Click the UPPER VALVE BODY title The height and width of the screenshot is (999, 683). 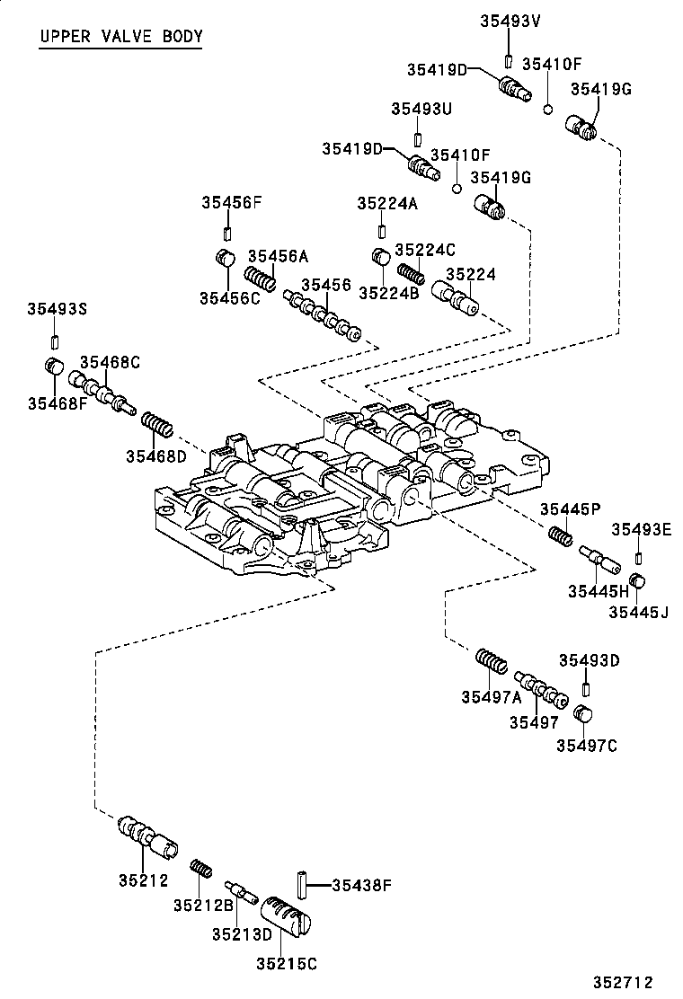tap(120, 37)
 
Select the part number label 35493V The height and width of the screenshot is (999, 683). tap(509, 20)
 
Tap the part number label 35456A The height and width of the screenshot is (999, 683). tap(278, 256)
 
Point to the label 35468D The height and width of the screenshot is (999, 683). tap(155, 455)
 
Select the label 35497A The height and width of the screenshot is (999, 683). tap(492, 696)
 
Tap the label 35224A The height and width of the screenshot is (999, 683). tap(387, 204)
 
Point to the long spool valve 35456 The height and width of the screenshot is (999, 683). tap(323, 317)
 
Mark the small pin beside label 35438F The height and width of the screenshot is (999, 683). tap(303, 884)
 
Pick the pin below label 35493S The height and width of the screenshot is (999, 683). tap(55, 340)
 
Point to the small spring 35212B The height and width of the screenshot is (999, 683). tap(201, 868)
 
